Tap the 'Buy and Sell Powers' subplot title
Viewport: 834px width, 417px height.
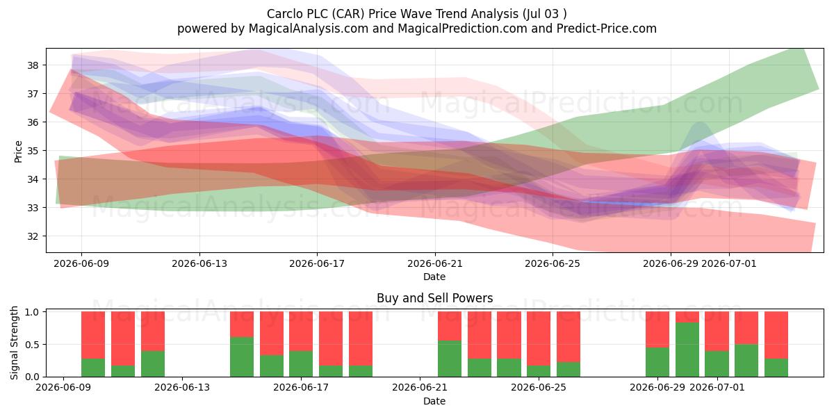(434, 298)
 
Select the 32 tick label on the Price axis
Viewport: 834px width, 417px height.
(33, 236)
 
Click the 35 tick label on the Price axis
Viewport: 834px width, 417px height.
(33, 151)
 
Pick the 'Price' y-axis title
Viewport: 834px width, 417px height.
(18, 152)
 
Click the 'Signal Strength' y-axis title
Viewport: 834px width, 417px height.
(14, 343)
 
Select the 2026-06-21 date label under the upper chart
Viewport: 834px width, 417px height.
(434, 263)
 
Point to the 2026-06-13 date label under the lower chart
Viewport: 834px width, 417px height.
(182, 387)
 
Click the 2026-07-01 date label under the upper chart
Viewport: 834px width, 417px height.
(728, 263)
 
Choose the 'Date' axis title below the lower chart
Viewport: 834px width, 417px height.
(434, 401)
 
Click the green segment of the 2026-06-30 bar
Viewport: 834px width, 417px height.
(687, 350)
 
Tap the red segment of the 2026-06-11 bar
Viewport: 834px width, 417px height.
(123, 338)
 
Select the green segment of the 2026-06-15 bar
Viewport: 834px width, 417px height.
(242, 357)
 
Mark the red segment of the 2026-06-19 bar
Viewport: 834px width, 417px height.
(361, 338)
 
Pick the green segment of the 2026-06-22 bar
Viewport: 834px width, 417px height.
(450, 359)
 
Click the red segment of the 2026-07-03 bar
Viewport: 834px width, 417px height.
(776, 335)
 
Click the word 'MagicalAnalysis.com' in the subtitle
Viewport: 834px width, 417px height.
(309, 28)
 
